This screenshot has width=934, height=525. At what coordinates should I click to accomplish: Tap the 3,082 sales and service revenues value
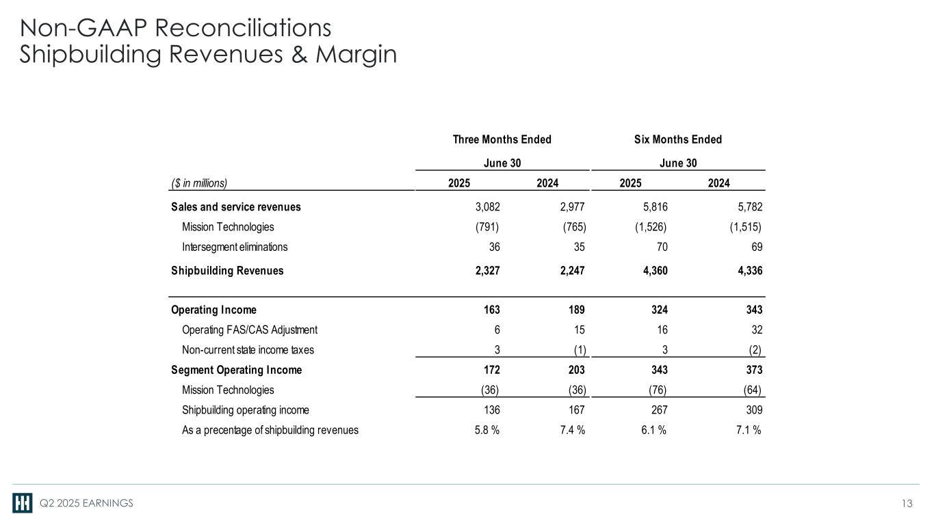(x=487, y=206)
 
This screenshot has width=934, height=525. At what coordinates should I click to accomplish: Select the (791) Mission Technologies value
(x=487, y=227)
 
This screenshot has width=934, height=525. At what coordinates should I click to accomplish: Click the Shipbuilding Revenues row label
(x=227, y=270)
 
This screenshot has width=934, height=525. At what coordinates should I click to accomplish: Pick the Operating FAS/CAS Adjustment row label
(x=250, y=329)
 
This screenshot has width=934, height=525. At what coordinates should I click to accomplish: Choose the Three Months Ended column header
(x=502, y=139)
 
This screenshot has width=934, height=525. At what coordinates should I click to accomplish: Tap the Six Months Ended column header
(x=677, y=139)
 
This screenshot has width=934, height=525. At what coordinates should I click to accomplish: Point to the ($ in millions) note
(x=198, y=183)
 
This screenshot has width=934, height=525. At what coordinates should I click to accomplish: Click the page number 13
(x=907, y=504)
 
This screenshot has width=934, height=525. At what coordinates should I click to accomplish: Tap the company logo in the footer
(x=22, y=503)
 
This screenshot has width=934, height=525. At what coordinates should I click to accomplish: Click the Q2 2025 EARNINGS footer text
(x=86, y=504)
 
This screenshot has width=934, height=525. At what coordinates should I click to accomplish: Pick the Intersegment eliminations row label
(x=235, y=247)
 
